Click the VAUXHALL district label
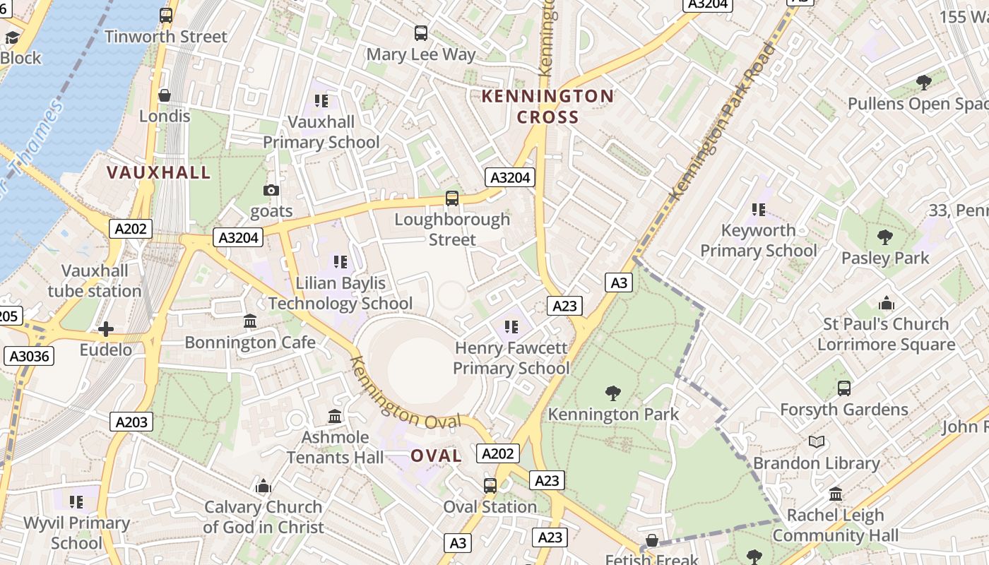pos(158,172)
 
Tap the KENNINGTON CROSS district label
pos(547,107)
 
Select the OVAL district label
pos(436,456)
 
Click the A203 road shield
pos(131,422)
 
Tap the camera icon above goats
pos(271,190)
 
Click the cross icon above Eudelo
pos(106,329)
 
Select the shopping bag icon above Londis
pos(165,95)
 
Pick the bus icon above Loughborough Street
pos(452,198)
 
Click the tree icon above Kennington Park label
pos(613,393)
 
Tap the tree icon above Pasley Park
pos(884,237)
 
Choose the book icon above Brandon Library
pos(817,442)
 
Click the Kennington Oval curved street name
pos(404,395)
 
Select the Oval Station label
pos(490,507)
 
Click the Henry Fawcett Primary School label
pos(511,358)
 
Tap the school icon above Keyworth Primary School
pos(759,209)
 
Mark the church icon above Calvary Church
pos(263,486)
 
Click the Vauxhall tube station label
pos(95,281)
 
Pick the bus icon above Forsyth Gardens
pos(843,388)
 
